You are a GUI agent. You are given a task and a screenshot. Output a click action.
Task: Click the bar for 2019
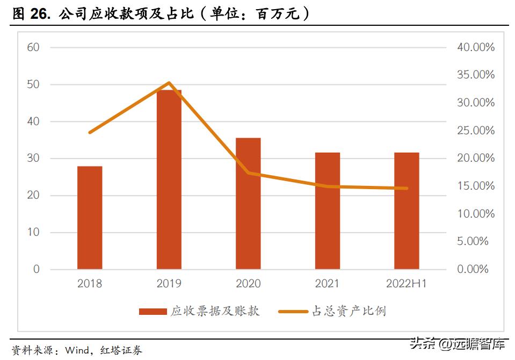coord(169,179)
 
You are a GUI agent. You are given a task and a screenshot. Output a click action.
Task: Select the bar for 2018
coord(90,218)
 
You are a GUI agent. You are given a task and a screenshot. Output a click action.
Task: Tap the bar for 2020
coord(248,204)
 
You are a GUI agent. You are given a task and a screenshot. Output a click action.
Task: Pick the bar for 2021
coord(327,211)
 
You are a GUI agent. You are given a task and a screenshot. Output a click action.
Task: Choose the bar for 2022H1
coord(407,211)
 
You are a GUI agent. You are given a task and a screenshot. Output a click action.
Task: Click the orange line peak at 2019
coord(169,83)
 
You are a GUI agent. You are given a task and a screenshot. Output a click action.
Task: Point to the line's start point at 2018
coord(90,132)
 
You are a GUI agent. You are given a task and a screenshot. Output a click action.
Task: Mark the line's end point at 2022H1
coord(407,188)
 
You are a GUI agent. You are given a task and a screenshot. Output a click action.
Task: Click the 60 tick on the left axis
coord(33,47)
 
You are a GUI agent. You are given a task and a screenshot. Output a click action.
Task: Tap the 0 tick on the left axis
coord(37,269)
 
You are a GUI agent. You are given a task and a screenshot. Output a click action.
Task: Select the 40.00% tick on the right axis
coord(475,47)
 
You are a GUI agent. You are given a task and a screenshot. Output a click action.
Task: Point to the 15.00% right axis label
coord(475,186)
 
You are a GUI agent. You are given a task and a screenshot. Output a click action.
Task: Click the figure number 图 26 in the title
coord(30,15)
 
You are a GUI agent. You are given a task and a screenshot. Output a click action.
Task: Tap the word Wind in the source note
coord(77,351)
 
